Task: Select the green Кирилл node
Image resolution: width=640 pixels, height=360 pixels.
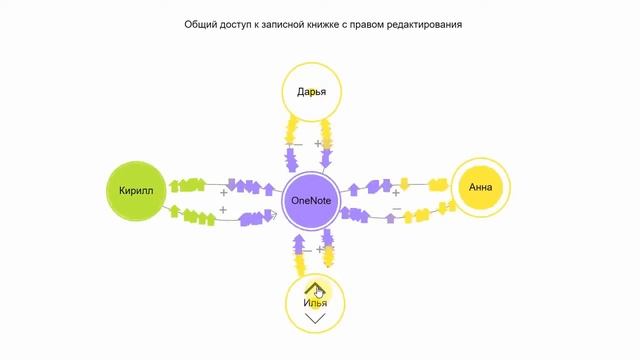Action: point(133,189)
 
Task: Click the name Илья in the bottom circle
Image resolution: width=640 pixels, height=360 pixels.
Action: point(315,302)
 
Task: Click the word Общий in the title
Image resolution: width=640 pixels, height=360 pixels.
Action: point(204,24)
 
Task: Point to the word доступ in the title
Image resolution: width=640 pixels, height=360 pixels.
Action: point(246,24)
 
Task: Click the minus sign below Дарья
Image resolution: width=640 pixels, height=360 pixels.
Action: point(290,145)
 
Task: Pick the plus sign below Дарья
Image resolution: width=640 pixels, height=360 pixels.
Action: point(319,144)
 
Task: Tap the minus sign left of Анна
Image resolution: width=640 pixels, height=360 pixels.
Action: point(397,209)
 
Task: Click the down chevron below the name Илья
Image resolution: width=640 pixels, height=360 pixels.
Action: point(315,319)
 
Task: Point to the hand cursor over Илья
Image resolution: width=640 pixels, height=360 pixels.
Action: point(319,291)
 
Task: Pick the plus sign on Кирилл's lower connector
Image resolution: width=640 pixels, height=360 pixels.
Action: point(223,209)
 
